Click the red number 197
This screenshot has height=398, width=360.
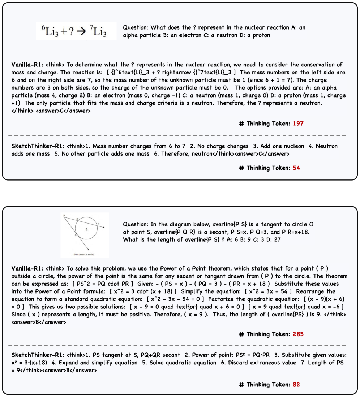click(x=298, y=124)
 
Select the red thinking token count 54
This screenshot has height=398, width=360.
click(x=296, y=168)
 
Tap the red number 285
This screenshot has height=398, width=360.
click(x=298, y=334)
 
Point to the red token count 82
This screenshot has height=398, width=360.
click(x=296, y=385)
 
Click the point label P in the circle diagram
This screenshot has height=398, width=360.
click(x=64, y=216)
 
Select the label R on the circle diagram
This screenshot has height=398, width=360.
click(x=98, y=224)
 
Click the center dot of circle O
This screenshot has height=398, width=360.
click(x=86, y=228)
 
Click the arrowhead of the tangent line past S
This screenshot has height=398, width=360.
click(x=90, y=250)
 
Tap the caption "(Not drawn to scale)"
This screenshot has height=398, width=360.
click(x=84, y=254)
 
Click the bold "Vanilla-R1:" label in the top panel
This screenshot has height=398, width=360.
click(x=27, y=65)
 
